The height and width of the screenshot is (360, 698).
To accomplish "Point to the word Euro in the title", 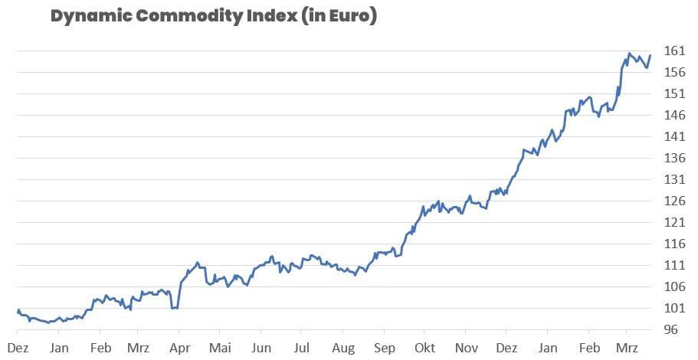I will [x=351, y=16].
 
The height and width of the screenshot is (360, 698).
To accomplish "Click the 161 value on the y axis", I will [x=674, y=51].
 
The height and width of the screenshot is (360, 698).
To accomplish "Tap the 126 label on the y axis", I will [x=674, y=201].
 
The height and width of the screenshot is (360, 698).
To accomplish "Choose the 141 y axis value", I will [x=674, y=137].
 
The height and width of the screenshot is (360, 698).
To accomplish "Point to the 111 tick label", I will [x=674, y=266].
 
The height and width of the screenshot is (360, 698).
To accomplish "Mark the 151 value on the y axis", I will [x=674, y=94].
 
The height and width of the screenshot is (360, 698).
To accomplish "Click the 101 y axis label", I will [x=674, y=309].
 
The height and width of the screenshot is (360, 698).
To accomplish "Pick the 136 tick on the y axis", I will [x=674, y=159].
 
